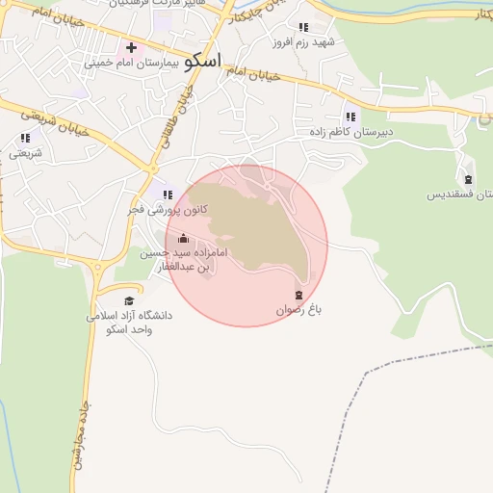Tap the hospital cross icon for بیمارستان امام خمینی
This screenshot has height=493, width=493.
(x=131, y=47)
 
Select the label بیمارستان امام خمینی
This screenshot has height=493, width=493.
(x=132, y=63)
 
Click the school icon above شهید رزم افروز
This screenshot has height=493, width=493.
(x=304, y=27)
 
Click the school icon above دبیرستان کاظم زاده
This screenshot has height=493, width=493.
(x=350, y=116)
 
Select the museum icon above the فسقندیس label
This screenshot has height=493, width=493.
(x=468, y=179)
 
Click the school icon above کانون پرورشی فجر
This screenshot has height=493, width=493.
(x=169, y=194)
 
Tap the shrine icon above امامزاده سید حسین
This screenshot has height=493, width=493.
(x=184, y=239)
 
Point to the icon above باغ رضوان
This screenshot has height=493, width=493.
(x=298, y=295)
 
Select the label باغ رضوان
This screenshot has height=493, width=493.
(x=298, y=310)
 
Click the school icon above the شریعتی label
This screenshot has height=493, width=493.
(x=25, y=138)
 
